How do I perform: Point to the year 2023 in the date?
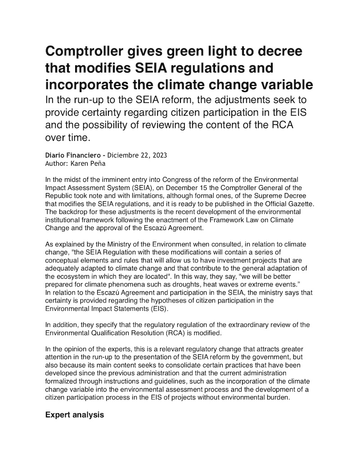(x=159, y=155)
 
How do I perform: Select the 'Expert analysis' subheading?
(x=75, y=415)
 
